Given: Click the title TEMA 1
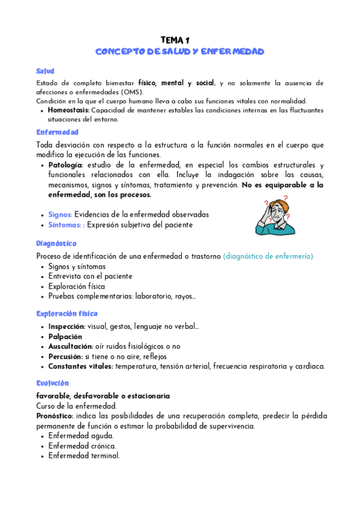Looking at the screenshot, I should (x=179, y=39).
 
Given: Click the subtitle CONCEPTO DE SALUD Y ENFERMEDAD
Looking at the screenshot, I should (x=179, y=52).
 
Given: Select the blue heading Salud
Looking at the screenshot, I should (x=45, y=71).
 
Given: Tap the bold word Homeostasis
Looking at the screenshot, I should (x=68, y=110).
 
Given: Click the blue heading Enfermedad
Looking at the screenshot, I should (x=57, y=132).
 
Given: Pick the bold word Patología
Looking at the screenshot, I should (x=66, y=165).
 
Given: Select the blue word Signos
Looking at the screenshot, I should (x=60, y=214).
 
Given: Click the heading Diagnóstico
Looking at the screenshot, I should (x=56, y=244).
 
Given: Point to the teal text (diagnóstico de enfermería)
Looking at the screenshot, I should (x=268, y=256).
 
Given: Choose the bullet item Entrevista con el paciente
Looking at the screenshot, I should (x=90, y=276).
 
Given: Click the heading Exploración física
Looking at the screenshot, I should (x=67, y=314).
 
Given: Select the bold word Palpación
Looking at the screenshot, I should (x=65, y=337).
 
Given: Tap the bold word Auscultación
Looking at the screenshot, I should (x=70, y=346).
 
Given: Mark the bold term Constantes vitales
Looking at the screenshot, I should (x=81, y=366).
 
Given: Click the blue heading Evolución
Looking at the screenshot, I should (x=52, y=383).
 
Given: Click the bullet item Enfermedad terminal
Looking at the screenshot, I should (x=84, y=456).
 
